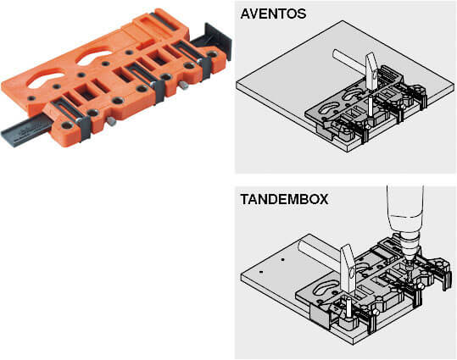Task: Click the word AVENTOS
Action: pos(273,14)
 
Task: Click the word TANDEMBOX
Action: pos(284,199)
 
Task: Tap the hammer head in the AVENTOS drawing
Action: pos(372,72)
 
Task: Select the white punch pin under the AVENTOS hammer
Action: pos(370,108)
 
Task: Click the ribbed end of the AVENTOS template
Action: pos(390,74)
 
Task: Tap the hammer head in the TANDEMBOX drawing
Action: pos(349,268)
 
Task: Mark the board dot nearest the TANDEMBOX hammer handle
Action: pos(282,259)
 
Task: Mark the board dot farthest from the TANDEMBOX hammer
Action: pos(261,272)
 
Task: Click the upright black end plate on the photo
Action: pos(218,40)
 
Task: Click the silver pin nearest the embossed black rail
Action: pos(111,120)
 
